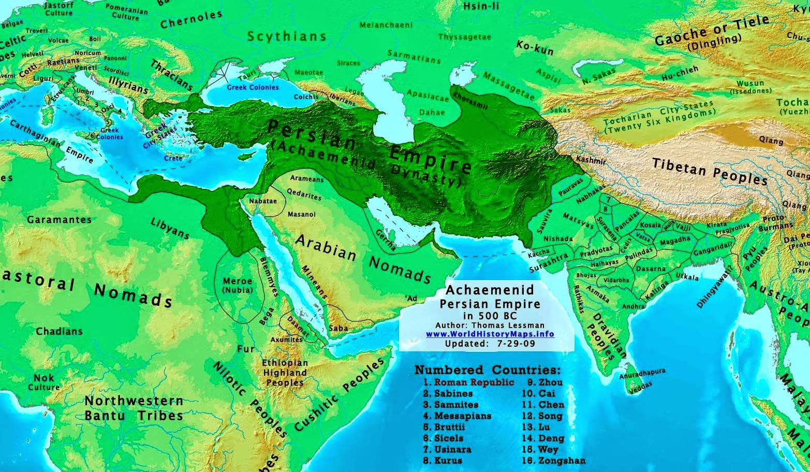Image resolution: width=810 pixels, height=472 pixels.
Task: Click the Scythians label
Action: [x=287, y=36]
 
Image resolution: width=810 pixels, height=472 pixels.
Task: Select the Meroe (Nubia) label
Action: [x=237, y=286]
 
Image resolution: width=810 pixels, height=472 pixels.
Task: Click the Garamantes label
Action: [x=59, y=219]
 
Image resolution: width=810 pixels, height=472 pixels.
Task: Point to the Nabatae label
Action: [x=263, y=201]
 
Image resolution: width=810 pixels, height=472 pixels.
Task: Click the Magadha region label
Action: [x=674, y=240]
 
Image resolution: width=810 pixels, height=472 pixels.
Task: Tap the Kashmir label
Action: [x=591, y=160]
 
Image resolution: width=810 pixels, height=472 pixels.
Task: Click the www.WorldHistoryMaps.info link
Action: [x=490, y=334]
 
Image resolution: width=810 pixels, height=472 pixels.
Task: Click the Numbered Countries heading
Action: [x=487, y=370]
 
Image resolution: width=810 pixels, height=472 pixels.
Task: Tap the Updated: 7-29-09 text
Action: [x=489, y=344]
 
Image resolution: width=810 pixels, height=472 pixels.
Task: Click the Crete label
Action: [x=173, y=158]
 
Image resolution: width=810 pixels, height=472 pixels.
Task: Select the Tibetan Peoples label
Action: [x=710, y=171]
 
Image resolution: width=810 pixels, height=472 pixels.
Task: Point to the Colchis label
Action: [x=306, y=96]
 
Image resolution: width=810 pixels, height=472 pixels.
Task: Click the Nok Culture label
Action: [x=44, y=382]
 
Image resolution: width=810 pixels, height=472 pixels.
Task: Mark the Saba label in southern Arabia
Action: [x=338, y=328]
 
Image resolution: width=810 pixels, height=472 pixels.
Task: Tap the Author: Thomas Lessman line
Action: [x=490, y=325]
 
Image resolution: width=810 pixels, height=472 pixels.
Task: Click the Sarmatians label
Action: [x=414, y=57]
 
